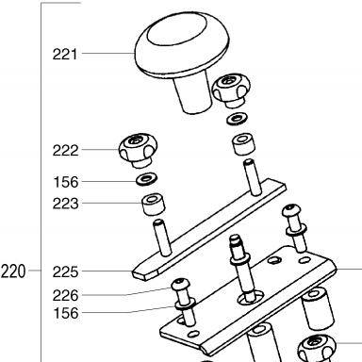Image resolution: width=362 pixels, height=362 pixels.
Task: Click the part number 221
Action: coord(65,55)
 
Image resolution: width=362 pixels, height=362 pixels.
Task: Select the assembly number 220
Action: coord(13,271)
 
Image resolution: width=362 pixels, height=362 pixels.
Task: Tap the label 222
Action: coord(65,151)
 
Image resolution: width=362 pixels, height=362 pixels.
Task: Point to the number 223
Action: coord(65,204)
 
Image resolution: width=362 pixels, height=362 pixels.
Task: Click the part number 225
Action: coord(65,272)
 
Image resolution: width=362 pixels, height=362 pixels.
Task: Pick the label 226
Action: coord(65,296)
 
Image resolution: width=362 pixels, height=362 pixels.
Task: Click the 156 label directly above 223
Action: coord(65,182)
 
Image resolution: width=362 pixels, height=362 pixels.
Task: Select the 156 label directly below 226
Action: coord(65,313)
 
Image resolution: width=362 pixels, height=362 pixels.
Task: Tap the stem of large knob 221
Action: coord(193,92)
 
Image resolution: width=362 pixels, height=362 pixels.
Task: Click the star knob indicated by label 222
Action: coord(138,150)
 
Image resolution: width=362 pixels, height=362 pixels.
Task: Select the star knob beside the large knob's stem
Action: coord(232,90)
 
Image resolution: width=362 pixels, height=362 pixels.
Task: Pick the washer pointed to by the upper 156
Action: coord(146,179)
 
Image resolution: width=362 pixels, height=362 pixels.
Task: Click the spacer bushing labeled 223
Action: coord(154,205)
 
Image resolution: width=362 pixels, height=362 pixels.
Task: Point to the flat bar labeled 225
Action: coord(209,229)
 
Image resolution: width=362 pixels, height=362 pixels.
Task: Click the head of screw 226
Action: coord(180,284)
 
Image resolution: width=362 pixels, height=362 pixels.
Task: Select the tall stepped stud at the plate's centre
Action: coord(242,269)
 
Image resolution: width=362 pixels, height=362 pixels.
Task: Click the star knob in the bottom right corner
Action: coord(317,348)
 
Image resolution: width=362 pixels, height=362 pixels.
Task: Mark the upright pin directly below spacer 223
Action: coord(162,238)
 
